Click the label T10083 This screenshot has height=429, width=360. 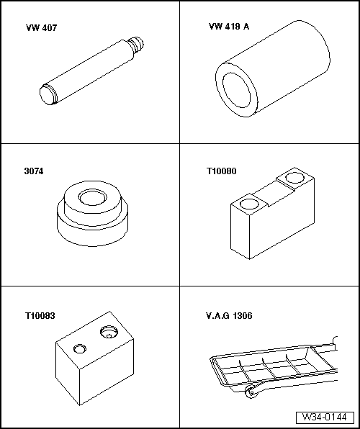[x=40, y=315]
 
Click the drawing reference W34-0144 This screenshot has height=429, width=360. [x=325, y=417]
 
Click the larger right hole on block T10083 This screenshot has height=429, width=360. [x=109, y=333]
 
